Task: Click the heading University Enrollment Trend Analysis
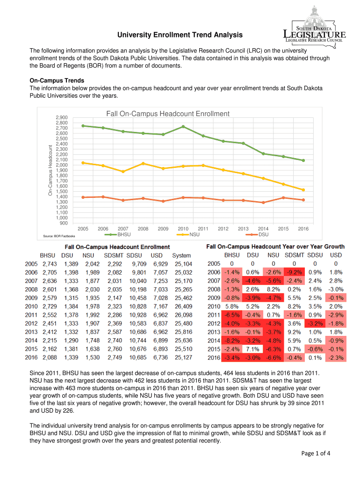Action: [x=180, y=35]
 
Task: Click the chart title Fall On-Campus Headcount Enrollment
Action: [x=168, y=114]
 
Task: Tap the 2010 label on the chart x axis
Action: [x=183, y=229]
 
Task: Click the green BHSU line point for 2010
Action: [x=183, y=126]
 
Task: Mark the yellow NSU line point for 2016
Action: [x=303, y=190]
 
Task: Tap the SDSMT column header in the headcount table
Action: [x=113, y=255]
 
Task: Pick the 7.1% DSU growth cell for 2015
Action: [x=253, y=349]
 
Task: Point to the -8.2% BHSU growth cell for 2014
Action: [x=232, y=341]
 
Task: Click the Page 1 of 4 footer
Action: [x=316, y=453]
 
